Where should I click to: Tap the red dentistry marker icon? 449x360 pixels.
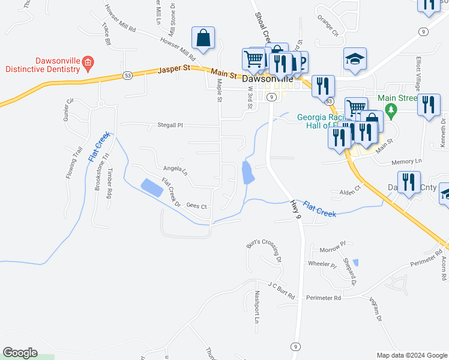[x=88, y=61]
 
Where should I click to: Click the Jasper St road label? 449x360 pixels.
[x=173, y=70]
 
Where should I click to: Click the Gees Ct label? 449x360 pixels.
[x=196, y=206]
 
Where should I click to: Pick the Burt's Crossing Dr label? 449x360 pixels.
[x=264, y=252]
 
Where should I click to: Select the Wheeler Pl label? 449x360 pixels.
[x=322, y=264]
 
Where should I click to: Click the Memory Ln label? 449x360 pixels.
[x=406, y=162]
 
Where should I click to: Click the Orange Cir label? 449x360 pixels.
[x=328, y=26]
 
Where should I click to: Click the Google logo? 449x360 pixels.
[x=20, y=353]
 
